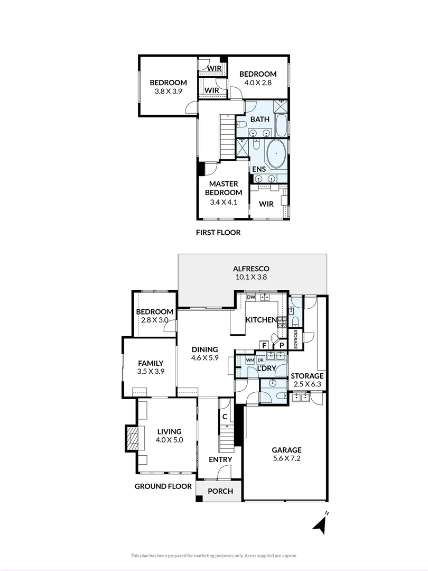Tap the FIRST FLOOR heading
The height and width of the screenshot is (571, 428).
218,232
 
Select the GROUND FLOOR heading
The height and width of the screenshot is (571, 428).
163,486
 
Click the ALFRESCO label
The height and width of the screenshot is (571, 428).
252,269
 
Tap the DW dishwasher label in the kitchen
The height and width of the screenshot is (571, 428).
251,298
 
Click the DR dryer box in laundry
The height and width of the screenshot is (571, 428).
260,360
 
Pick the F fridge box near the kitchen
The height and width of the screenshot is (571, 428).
263,345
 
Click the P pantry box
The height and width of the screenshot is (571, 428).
282,345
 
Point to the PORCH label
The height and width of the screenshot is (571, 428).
220,491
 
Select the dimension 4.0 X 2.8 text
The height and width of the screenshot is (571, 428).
257,82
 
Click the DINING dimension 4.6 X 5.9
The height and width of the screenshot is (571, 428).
204,358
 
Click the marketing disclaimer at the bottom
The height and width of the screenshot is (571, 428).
214,556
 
